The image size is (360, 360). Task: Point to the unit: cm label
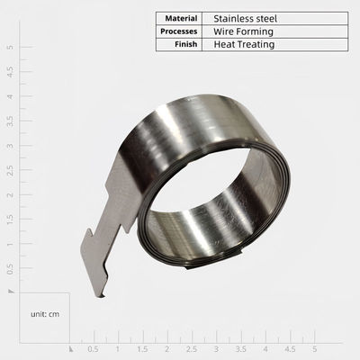(44, 314)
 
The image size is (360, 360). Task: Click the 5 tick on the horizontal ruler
(314, 347)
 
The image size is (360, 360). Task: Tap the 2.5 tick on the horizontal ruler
(191, 347)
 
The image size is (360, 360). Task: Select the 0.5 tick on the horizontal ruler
(93, 347)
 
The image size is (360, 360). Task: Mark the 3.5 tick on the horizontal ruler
(240, 347)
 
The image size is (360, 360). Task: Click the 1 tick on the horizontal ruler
(117, 347)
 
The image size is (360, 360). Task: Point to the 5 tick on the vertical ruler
(9, 46)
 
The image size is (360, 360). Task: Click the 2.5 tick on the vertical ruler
(9, 169)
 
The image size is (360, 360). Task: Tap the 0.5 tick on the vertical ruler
(9, 267)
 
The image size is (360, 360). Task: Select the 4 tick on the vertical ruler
(9, 95)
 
